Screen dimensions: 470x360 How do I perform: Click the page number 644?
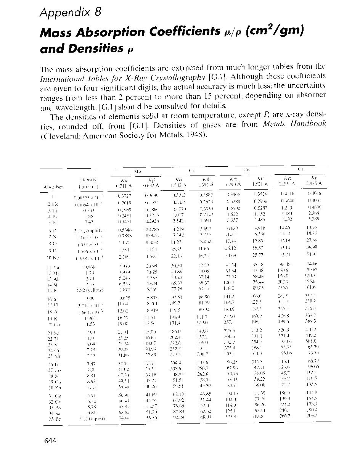click(x=50, y=441)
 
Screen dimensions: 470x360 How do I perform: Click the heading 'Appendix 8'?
click(x=71, y=13)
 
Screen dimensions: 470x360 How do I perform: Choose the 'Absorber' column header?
click(x=53, y=187)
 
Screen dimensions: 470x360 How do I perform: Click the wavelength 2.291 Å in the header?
click(x=289, y=183)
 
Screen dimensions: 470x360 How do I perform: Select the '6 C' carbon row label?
click(x=51, y=230)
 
